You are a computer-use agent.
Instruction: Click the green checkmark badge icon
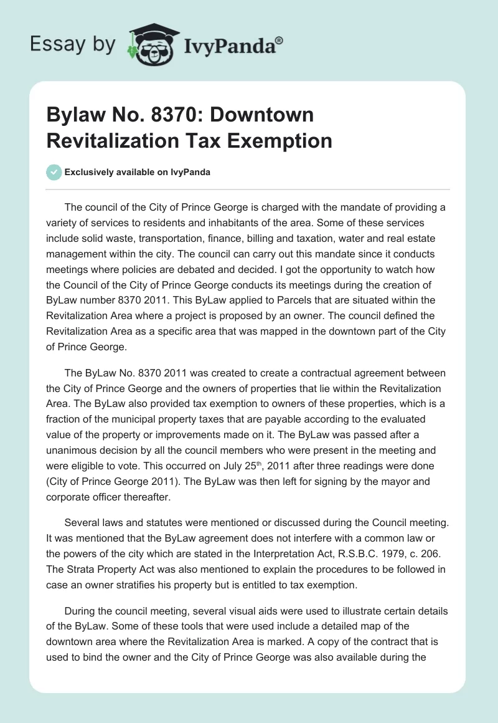click(54, 172)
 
